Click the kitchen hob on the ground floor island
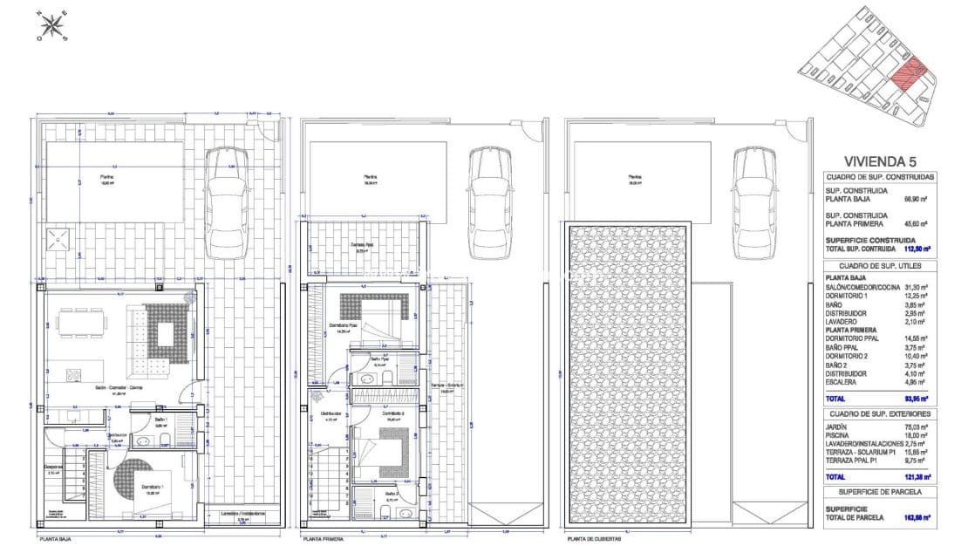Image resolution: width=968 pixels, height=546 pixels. click(x=75, y=377)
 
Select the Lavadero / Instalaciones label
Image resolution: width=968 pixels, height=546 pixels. click(x=243, y=514)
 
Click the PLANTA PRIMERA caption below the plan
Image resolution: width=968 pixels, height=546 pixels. click(x=322, y=540)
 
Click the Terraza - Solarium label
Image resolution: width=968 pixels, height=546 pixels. click(x=446, y=386)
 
